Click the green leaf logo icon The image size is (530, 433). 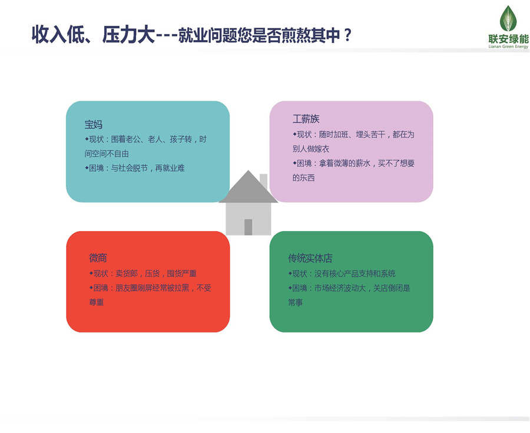pyautogui.click(x=508, y=19)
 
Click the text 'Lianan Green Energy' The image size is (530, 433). pyautogui.click(x=508, y=46)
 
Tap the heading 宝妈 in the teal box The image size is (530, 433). pyautogui.click(x=94, y=124)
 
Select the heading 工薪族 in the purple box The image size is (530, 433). pyautogui.click(x=306, y=119)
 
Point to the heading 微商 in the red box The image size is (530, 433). pyautogui.click(x=98, y=258)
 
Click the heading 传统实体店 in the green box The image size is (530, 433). pyautogui.click(x=310, y=258)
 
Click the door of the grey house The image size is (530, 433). pyautogui.click(x=248, y=227)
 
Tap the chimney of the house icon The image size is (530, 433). pyautogui.click(x=264, y=181)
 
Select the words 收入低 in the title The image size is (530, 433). pyautogui.click(x=58, y=35)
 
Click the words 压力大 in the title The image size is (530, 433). pyautogui.click(x=128, y=35)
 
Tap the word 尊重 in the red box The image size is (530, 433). pyautogui.click(x=97, y=302)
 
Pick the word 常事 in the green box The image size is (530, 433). pyautogui.click(x=296, y=302)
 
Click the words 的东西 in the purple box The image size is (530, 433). pyautogui.click(x=303, y=178)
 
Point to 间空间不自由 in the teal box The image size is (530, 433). pyautogui.click(x=107, y=154)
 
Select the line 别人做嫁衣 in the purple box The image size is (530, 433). pyautogui.click(x=311, y=149)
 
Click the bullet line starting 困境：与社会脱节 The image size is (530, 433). pyautogui.click(x=135, y=168)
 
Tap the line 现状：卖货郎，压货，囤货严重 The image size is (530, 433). pyautogui.click(x=143, y=273)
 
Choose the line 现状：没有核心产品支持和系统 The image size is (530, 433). pyautogui.click(x=342, y=273)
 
